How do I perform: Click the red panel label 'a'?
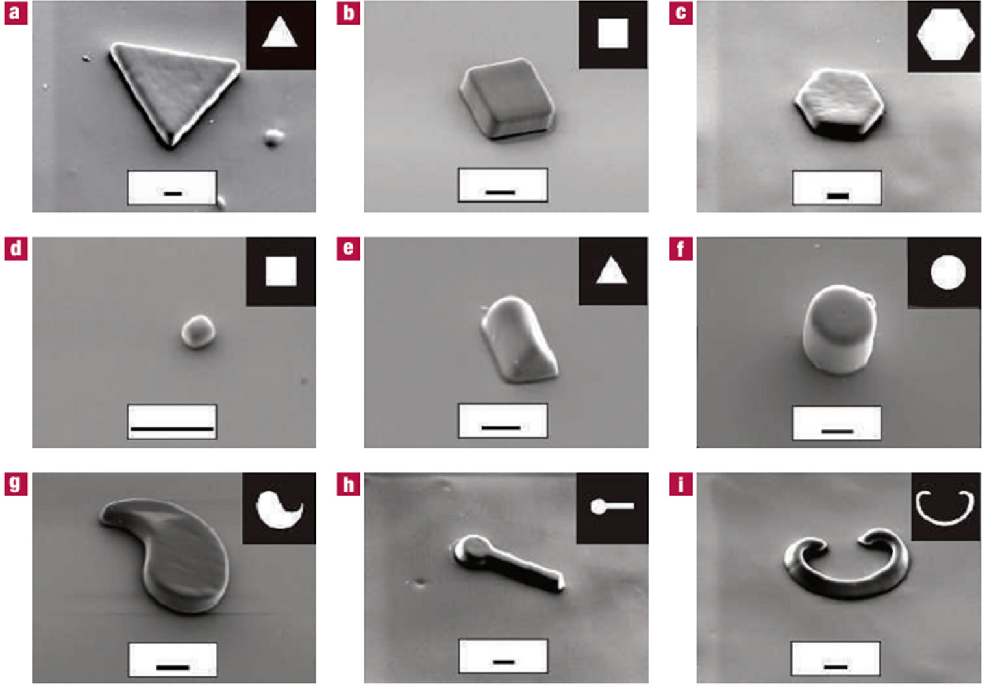tap(16, 13)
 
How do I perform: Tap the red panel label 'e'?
tap(349, 249)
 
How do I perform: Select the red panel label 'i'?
tap(681, 485)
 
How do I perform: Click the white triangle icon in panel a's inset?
tap(280, 32)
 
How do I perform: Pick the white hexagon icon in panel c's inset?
tap(945, 34)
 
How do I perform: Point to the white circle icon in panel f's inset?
tap(948, 272)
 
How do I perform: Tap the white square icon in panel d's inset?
tap(281, 271)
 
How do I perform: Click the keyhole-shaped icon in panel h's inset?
tap(612, 506)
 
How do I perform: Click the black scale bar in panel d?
tap(172, 428)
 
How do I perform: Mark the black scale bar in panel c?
tap(838, 196)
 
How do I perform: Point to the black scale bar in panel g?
tap(173, 667)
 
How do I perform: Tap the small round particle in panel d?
tap(198, 331)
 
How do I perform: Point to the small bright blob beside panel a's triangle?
tap(273, 138)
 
